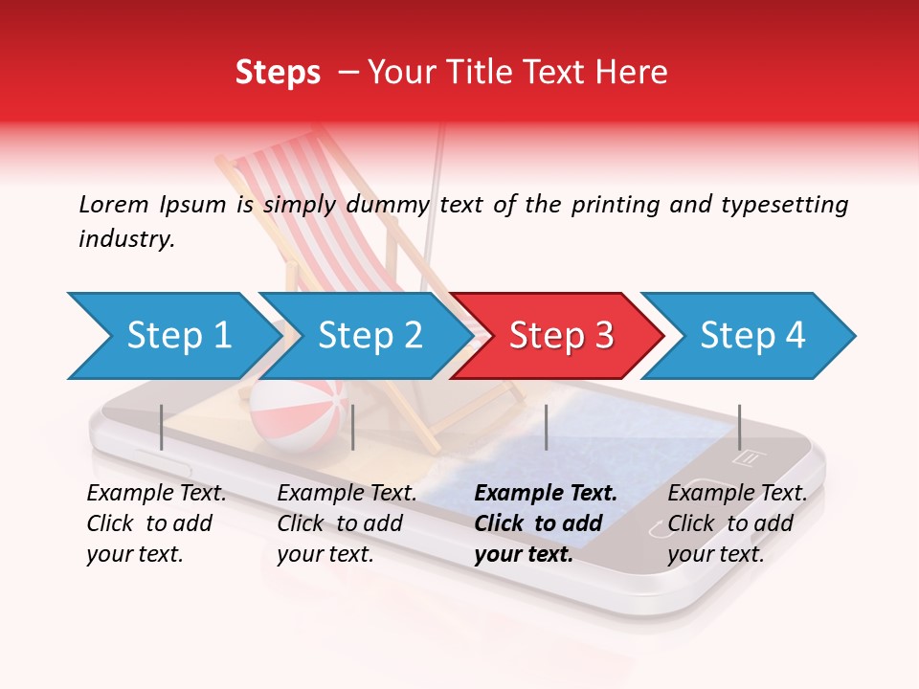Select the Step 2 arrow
click(364, 336)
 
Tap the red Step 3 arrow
click(556, 336)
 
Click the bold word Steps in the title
click(278, 73)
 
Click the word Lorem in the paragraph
click(113, 204)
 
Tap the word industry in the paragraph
click(126, 239)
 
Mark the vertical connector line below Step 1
click(162, 427)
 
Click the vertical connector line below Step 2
click(353, 427)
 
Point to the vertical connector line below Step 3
click(546, 427)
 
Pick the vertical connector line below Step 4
click(739, 427)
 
